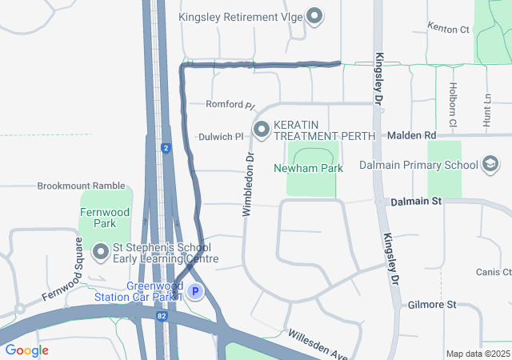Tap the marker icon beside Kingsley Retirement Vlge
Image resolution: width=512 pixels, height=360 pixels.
pos(314,15)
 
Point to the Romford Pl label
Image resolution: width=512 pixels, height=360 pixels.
pos(229,105)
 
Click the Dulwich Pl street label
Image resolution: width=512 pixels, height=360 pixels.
pos(221,137)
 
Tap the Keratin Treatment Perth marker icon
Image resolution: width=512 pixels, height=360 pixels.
pos(261,129)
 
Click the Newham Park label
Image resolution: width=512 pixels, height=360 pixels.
pos(308,168)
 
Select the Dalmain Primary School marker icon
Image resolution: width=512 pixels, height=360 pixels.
pos(490,165)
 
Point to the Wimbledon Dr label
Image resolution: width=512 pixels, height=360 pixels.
pos(247,185)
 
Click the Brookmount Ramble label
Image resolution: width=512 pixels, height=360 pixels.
pos(81,186)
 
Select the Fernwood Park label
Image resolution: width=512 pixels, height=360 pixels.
pos(98,218)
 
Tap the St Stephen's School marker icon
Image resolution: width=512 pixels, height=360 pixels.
pos(101,254)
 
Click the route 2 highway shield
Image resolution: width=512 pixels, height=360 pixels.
pos(166,148)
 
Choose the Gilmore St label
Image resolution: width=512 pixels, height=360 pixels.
pos(431,305)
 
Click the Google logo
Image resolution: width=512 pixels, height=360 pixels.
pos(26,350)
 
